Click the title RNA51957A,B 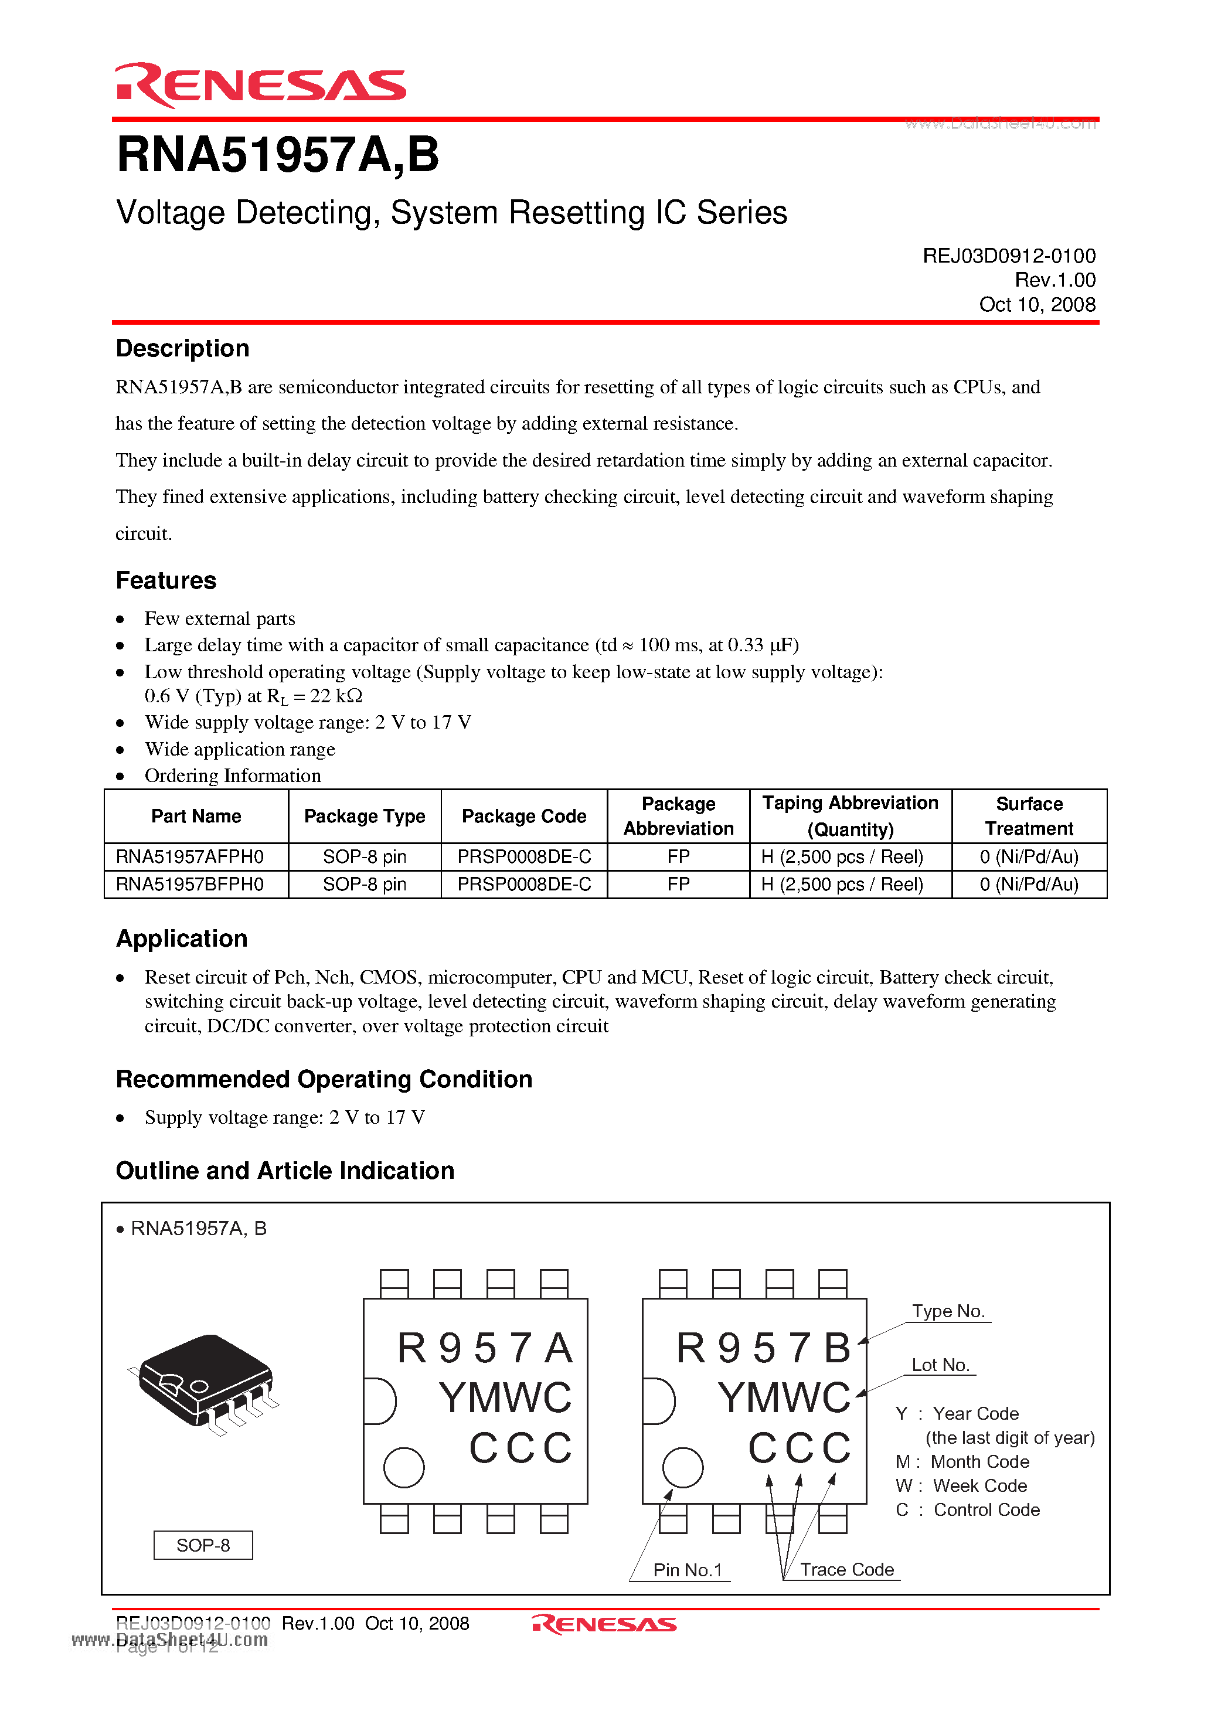point(278,155)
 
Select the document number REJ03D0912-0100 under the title point(1008,256)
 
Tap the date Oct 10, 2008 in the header point(1036,305)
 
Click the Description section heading point(182,349)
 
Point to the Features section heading point(166,581)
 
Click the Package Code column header point(523,816)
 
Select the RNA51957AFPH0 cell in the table point(190,857)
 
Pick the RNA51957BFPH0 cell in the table point(190,885)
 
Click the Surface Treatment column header point(1028,816)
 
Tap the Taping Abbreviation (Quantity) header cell point(850,816)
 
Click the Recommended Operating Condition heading point(324,1080)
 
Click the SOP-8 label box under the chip point(203,1545)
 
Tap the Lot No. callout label point(940,1365)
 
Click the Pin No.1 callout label point(687,1570)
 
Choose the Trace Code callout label point(846,1569)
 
